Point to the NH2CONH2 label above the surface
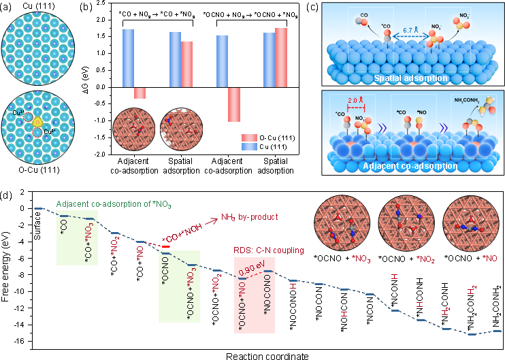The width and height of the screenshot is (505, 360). coord(461,102)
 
